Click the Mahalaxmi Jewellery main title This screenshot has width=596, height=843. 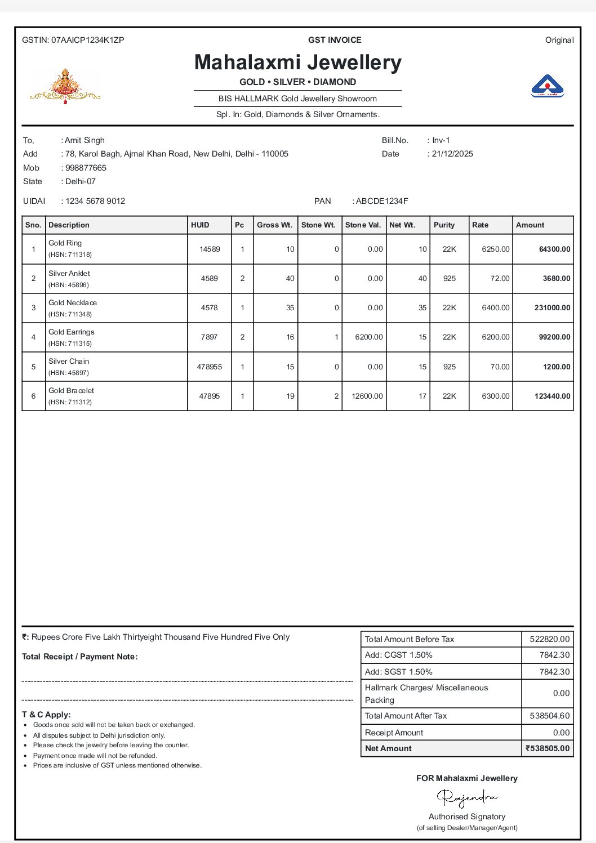[297, 63]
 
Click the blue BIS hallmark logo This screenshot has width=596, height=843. [547, 86]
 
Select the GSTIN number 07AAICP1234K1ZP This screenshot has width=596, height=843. [87, 40]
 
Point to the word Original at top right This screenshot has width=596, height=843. [559, 40]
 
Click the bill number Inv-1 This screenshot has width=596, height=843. [441, 140]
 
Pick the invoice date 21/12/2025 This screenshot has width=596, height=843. [452, 154]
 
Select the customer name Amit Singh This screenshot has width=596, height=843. [84, 140]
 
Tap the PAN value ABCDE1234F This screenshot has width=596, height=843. [382, 201]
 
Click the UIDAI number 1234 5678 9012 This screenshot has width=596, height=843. [95, 201]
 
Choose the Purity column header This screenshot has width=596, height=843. [444, 225]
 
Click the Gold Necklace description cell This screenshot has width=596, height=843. [73, 303]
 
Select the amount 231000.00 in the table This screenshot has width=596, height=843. [552, 308]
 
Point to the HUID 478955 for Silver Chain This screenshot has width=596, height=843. [209, 367]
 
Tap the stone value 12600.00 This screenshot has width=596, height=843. [367, 396]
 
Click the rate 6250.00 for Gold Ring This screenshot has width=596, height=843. [495, 249]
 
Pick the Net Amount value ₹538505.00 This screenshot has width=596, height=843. [548, 748]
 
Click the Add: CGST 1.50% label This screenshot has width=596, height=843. [399, 655]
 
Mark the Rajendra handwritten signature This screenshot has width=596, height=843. [467, 797]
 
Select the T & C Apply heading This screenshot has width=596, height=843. [46, 715]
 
